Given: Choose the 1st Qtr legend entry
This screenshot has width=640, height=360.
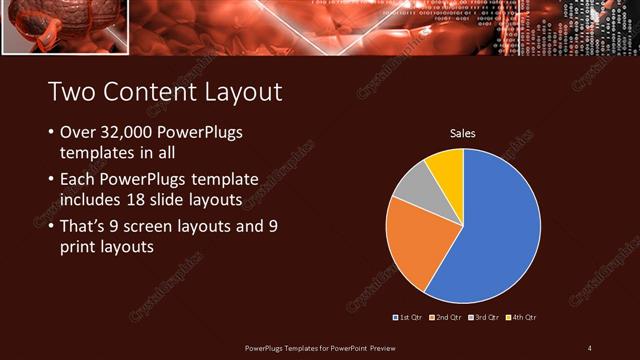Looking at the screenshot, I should tap(407, 317).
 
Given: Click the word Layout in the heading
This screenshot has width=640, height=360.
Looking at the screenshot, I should tap(244, 92).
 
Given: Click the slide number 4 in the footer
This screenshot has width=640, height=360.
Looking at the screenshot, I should tap(589, 347).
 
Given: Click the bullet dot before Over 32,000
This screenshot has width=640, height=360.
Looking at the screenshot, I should tap(51, 133).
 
